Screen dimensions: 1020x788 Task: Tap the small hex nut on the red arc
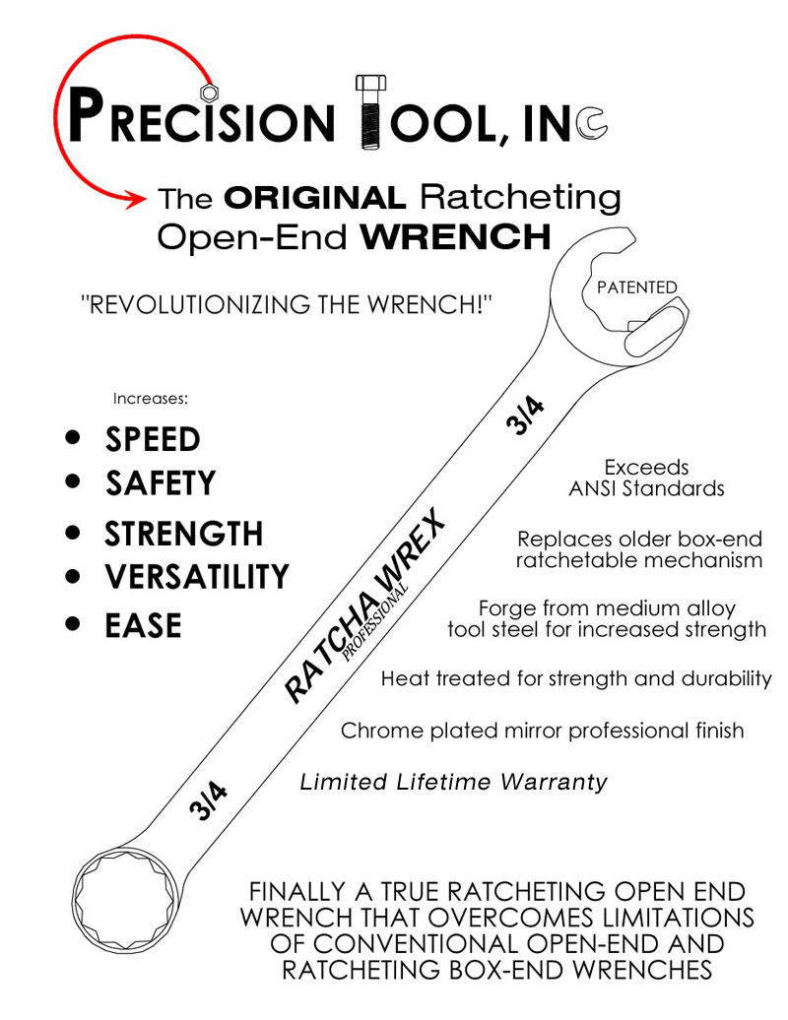point(209,92)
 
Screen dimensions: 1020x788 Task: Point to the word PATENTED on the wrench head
point(637,287)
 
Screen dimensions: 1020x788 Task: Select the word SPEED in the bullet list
point(153,439)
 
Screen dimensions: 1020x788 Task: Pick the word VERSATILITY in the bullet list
point(197,576)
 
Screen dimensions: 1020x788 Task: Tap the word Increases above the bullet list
point(150,399)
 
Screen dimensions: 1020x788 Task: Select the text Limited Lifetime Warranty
point(453,783)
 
